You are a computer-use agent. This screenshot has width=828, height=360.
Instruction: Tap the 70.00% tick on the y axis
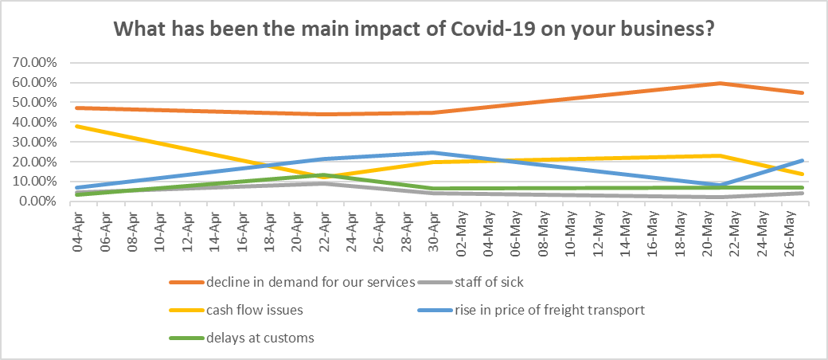click(34, 62)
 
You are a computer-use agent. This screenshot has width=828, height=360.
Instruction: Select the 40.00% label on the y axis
click(34, 122)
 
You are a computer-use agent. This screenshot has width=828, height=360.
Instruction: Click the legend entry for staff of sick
click(491, 281)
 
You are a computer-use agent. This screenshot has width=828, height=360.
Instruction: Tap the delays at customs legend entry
click(260, 338)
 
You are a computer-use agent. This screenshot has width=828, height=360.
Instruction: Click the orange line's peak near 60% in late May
click(720, 83)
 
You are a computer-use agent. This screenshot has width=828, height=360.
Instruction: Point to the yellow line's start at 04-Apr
click(76, 126)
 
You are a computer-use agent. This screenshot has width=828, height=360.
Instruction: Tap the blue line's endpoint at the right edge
click(803, 160)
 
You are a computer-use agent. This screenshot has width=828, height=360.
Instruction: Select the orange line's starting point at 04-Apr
click(76, 108)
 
